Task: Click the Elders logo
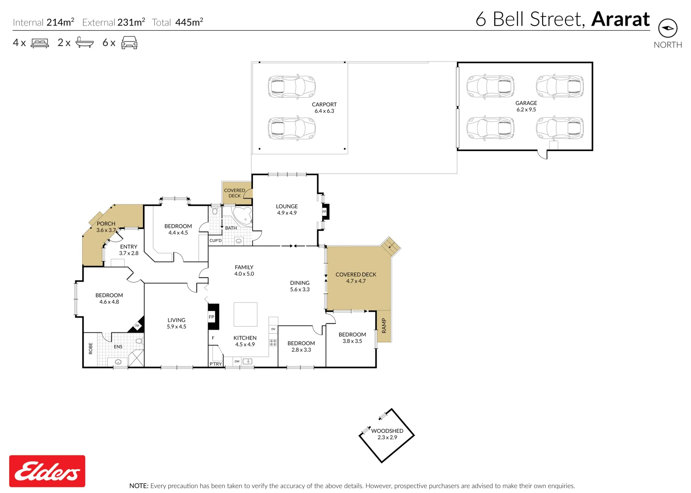coord(47,471)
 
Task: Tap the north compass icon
coord(668,28)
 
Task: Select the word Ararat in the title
coord(620,20)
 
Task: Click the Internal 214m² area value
coord(60,22)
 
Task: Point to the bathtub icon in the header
coord(84,42)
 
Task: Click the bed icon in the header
coord(40,43)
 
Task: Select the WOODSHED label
coord(387,431)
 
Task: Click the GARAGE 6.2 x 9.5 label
coord(526,106)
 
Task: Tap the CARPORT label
coord(324,105)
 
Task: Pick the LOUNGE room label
coord(287,206)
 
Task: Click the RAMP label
coord(384,325)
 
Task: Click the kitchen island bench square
coord(246,315)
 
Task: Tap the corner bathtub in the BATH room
coord(242,216)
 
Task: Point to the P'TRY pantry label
coord(215,364)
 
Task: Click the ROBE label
coord(90,348)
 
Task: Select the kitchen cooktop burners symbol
coord(273,342)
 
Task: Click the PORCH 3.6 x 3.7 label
coord(106,227)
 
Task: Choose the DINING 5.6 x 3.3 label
coord(300,286)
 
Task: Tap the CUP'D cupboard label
coord(215,241)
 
